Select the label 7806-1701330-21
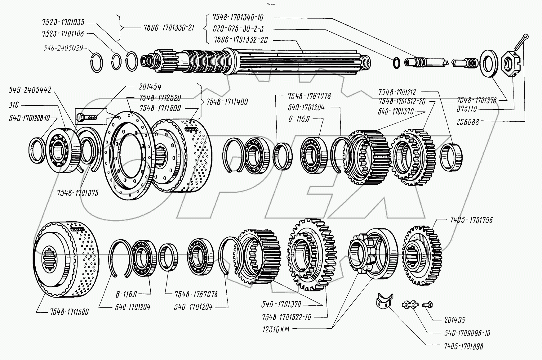169,28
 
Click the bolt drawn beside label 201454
87,117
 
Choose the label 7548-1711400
227,101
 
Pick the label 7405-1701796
471,220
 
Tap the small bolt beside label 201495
427,304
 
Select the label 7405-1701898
461,346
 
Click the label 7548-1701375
78,193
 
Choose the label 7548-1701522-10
287,317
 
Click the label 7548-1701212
397,92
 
